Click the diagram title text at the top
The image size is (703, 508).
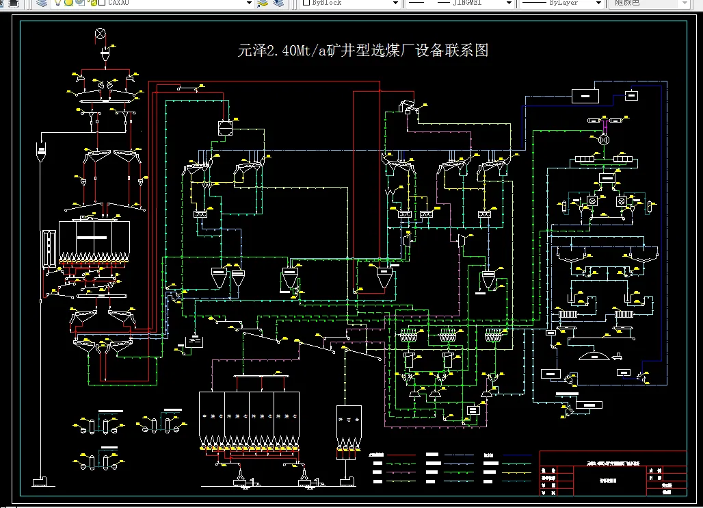[x=362, y=51]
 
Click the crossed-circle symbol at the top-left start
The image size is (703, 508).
[x=101, y=33]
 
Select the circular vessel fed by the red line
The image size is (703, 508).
[x=226, y=127]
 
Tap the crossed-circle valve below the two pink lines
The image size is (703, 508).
[x=604, y=139]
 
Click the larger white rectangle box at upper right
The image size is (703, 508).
[x=585, y=96]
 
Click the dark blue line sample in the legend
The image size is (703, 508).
[x=518, y=455]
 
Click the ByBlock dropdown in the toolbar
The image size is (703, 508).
[x=349, y=3]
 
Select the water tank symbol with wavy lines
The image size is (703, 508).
[x=195, y=341]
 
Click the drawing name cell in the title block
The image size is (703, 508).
[x=598, y=480]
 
